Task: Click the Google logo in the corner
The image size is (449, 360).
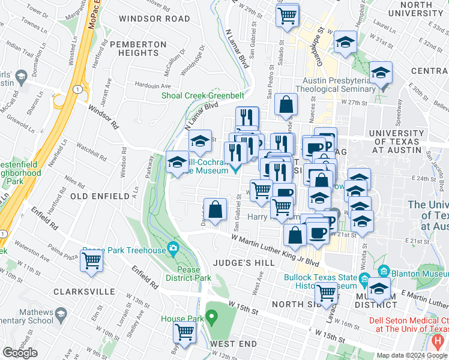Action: coord(20,353)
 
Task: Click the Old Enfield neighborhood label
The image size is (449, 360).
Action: coord(100,196)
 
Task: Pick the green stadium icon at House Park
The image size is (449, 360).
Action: coord(211,316)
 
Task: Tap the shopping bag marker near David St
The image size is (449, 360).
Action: coord(215,210)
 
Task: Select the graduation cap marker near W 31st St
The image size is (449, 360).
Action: coord(345,43)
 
